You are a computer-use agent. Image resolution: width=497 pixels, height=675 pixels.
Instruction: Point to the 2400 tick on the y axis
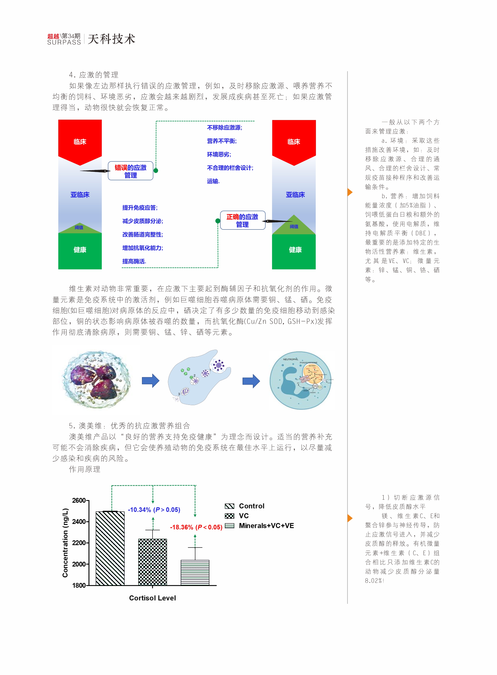pos(79,521)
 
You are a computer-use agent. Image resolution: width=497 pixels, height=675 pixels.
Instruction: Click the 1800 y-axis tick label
pos(79,585)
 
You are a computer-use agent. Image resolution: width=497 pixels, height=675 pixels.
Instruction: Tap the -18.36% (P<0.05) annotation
pos(196,527)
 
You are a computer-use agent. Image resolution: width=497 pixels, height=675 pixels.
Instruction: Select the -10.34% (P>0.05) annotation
pos(154,509)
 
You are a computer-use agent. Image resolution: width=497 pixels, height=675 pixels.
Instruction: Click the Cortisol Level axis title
pos(152,598)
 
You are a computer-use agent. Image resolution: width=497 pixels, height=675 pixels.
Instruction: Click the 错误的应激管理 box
pos(131,171)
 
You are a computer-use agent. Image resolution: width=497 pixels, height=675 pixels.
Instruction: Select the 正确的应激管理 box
pos(242,220)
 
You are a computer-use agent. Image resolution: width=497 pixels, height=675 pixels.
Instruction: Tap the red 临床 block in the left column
pos(80,141)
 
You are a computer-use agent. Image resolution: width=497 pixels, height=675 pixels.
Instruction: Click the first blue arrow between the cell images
pos(150,381)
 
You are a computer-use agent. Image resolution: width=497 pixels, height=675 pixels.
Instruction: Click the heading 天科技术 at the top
pos(112,39)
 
